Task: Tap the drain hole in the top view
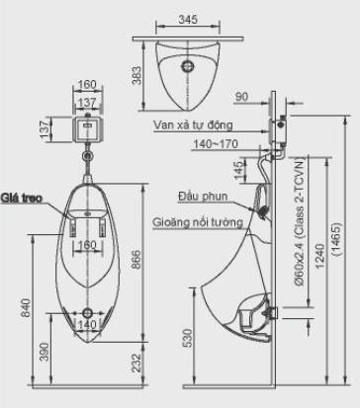click(186, 66)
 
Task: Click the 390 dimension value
click(43, 352)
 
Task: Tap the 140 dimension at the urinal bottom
click(88, 323)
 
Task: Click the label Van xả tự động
click(193, 126)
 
